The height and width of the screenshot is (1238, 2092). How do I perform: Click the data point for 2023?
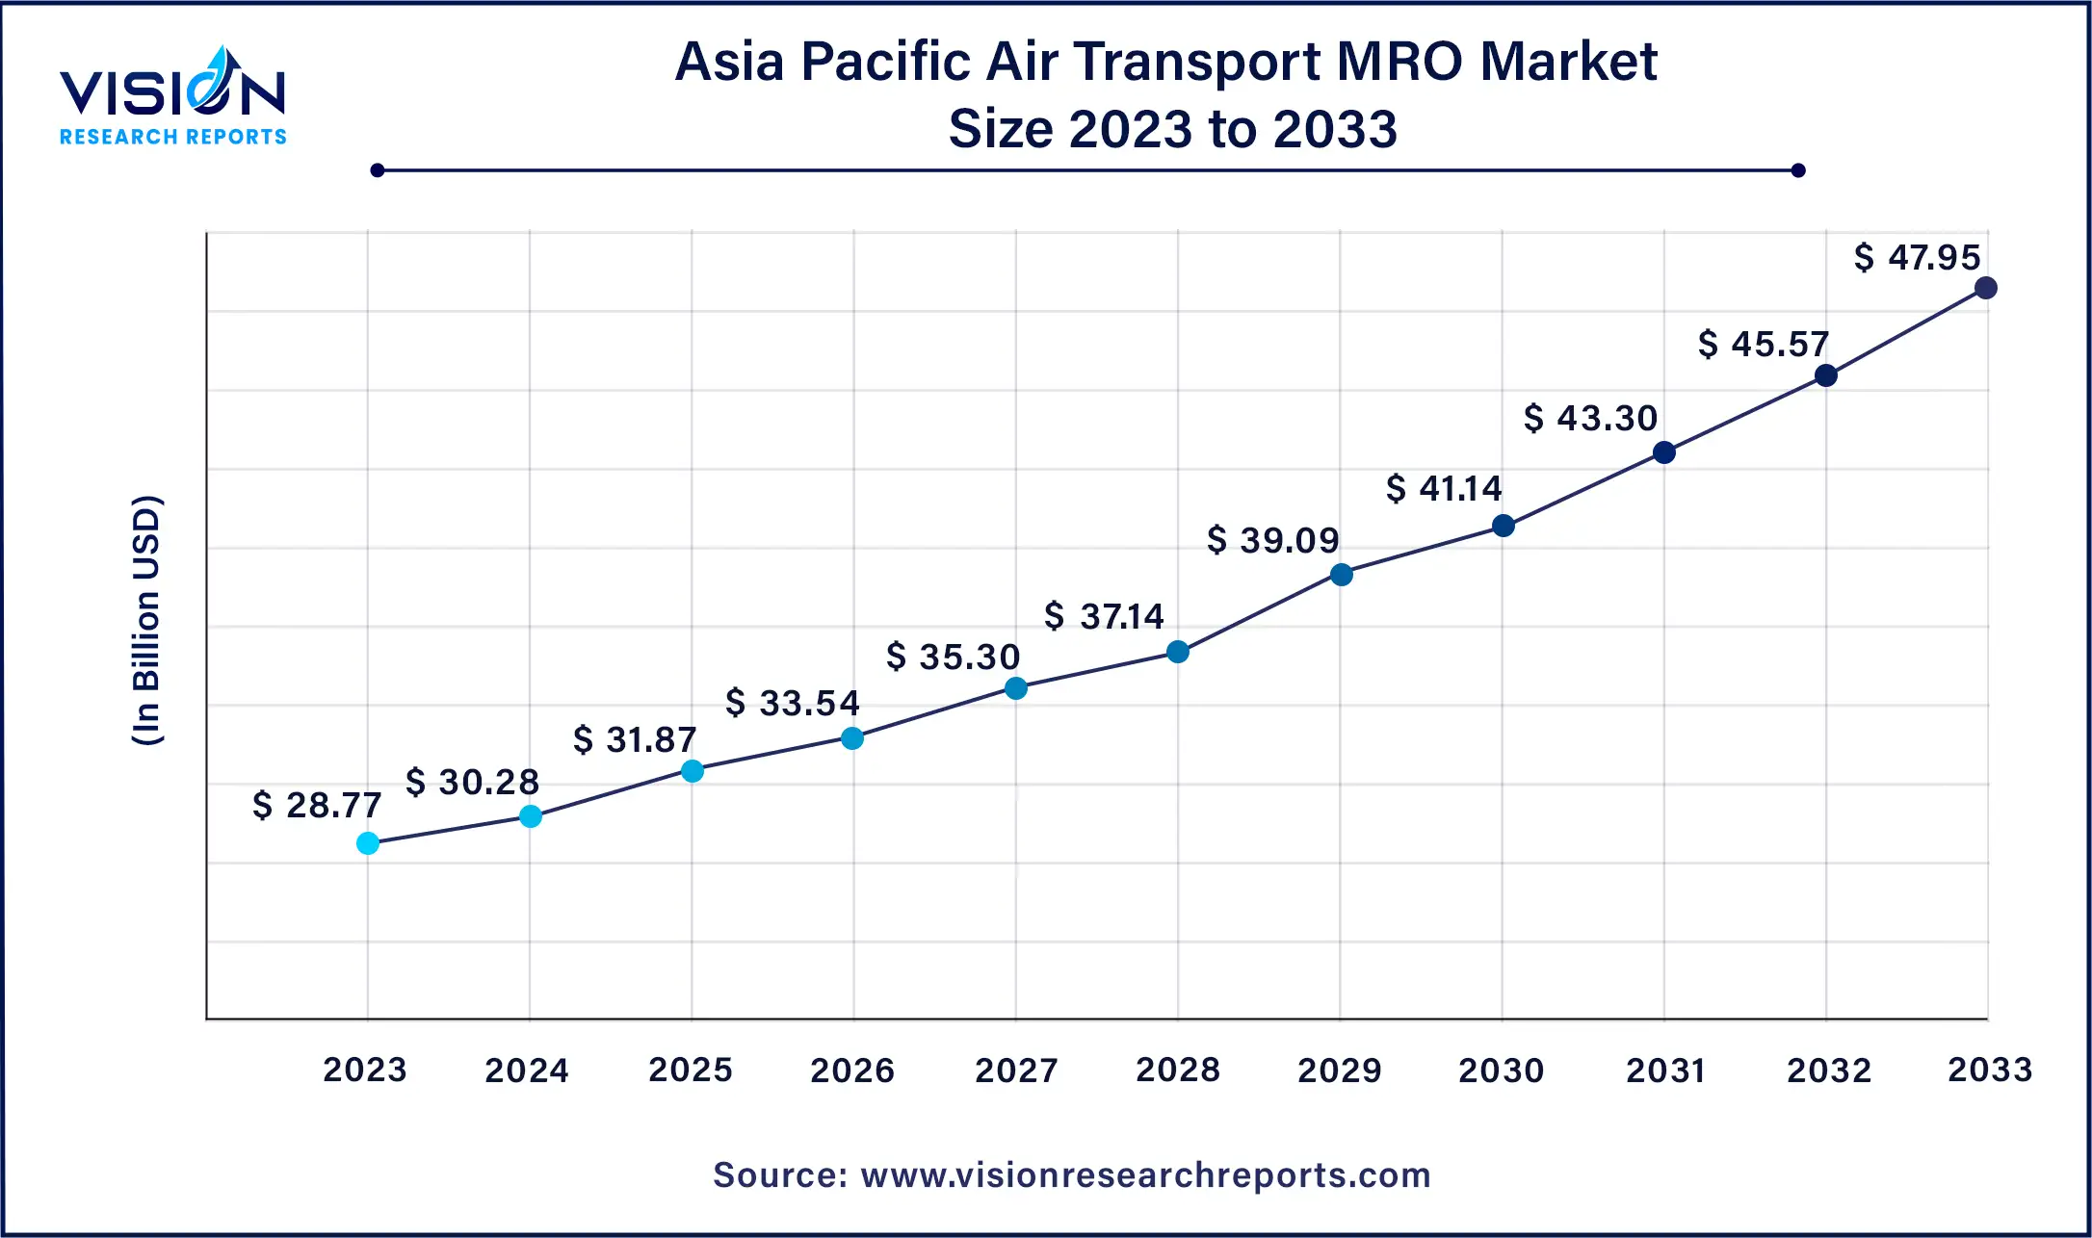pyautogui.click(x=368, y=843)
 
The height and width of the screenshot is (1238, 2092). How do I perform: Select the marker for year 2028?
pyautogui.click(x=1178, y=652)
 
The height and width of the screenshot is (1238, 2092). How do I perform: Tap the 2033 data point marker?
pyautogui.click(x=1986, y=288)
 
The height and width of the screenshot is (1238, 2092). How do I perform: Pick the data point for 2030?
pyautogui.click(x=1504, y=526)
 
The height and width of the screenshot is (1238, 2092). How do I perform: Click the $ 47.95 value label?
pyautogui.click(x=1917, y=258)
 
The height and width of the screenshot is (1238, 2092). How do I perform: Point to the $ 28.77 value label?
pyautogui.click(x=317, y=805)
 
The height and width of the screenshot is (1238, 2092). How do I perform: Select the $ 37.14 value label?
pyautogui.click(x=1104, y=616)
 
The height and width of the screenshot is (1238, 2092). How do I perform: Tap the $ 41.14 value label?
pyautogui.click(x=1444, y=489)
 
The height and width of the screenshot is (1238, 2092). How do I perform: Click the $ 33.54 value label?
pyautogui.click(x=792, y=703)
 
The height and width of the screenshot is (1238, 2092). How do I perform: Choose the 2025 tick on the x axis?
pyautogui.click(x=691, y=1070)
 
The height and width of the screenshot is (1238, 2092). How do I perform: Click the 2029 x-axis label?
pyautogui.click(x=1340, y=1070)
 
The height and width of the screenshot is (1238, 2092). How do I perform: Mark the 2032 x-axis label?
pyautogui.click(x=1829, y=1070)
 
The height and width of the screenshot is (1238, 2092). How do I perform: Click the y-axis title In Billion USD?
pyautogui.click(x=146, y=621)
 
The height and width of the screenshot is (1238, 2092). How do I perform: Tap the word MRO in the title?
pyautogui.click(x=1399, y=62)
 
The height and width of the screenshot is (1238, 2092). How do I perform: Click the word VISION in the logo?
pyautogui.click(x=172, y=94)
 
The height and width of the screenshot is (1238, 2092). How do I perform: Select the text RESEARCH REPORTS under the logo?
pyautogui.click(x=173, y=137)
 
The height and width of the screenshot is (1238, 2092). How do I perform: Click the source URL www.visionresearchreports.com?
pyautogui.click(x=1145, y=1175)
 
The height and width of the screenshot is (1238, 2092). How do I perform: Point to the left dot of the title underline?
pyautogui.click(x=378, y=170)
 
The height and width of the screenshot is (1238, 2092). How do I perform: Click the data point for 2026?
pyautogui.click(x=852, y=738)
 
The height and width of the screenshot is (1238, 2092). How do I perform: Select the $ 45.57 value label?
pyautogui.click(x=1763, y=345)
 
